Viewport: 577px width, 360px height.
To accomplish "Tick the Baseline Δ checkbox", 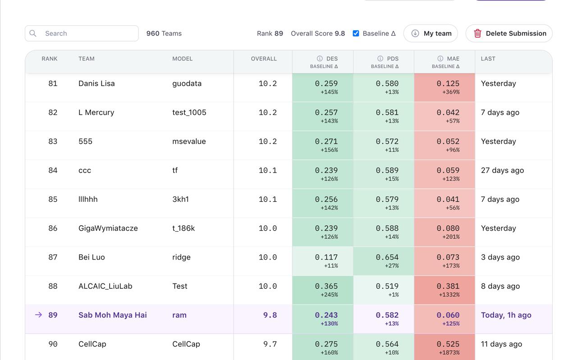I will tap(356, 33).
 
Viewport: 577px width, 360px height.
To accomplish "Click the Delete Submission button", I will tap(509, 33).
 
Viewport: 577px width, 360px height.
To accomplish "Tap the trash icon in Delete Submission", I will tap(477, 33).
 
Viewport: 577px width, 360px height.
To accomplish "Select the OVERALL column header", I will tap(264, 59).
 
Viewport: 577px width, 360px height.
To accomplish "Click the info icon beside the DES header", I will tap(320, 59).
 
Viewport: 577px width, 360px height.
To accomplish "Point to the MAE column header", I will tap(453, 59).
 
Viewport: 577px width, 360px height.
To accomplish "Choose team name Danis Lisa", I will tap(96, 83).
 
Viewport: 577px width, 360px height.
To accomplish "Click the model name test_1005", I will tap(189, 112).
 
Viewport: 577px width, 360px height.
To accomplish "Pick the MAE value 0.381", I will tap(448, 286).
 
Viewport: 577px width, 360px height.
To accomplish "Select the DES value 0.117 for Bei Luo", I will tap(326, 257).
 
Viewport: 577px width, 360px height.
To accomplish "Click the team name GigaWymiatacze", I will tap(108, 228).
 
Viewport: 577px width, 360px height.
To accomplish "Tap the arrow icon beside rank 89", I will tap(39, 315).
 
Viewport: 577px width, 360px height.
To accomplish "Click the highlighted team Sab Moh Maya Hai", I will tap(112, 315).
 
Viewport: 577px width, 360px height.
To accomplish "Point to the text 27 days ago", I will tap(502, 170).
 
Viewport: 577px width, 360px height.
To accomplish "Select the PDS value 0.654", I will tap(387, 257).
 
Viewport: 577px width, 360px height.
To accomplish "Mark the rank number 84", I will tap(53, 170).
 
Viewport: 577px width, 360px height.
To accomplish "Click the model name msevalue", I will tap(189, 141).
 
